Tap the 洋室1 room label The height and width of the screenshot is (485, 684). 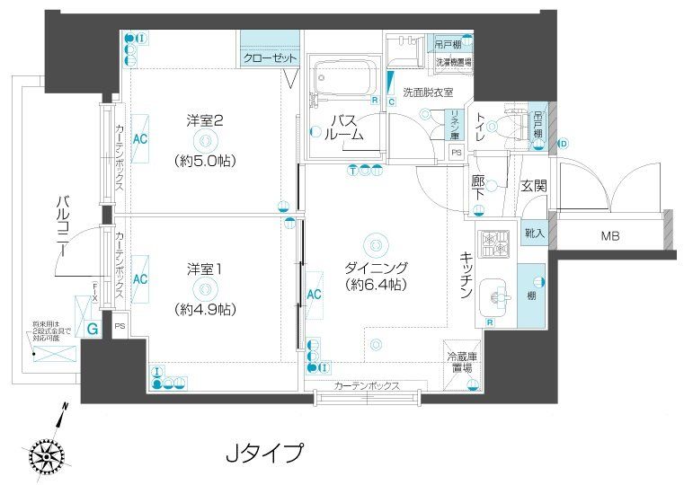(205, 268)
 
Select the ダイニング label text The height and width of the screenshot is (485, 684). (377, 268)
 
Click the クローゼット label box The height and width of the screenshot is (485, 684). (270, 58)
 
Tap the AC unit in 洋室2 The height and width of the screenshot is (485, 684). (140, 139)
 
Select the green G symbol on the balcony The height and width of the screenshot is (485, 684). (93, 329)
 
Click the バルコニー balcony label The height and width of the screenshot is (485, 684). (62, 225)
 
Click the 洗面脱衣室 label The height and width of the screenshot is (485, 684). (427, 92)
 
